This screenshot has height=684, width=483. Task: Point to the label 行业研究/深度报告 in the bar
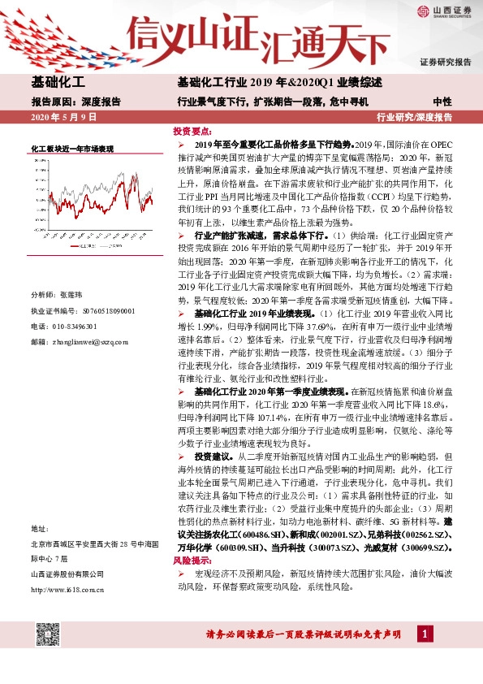coord(415,118)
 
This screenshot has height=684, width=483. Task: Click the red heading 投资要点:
coord(193,130)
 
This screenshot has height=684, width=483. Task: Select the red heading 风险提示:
coord(193,561)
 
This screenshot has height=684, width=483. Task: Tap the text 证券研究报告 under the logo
coord(445,62)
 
